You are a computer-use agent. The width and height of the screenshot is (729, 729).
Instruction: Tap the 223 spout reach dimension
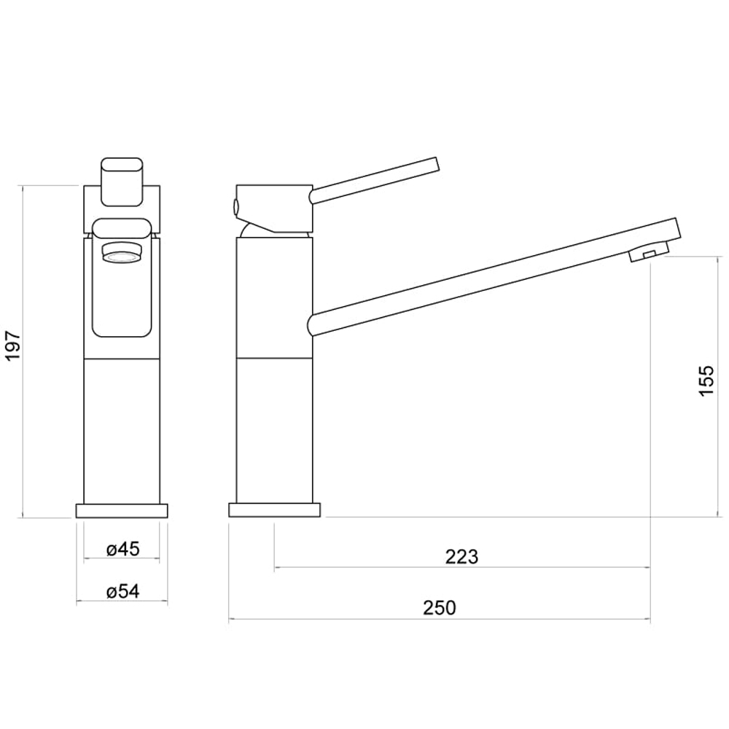[x=461, y=556]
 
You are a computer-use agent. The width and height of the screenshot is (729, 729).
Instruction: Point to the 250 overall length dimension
[x=440, y=608]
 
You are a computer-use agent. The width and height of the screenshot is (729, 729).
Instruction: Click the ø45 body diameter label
[x=122, y=549]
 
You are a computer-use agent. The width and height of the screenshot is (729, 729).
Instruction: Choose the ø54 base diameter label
[x=122, y=591]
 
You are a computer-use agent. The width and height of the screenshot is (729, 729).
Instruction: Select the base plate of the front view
[x=122, y=510]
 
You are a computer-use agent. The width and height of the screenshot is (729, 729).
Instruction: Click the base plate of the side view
[x=275, y=510]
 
